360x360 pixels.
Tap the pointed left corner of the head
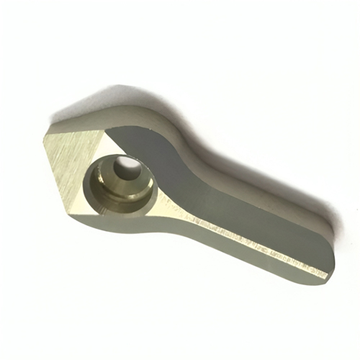(x=45, y=136)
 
